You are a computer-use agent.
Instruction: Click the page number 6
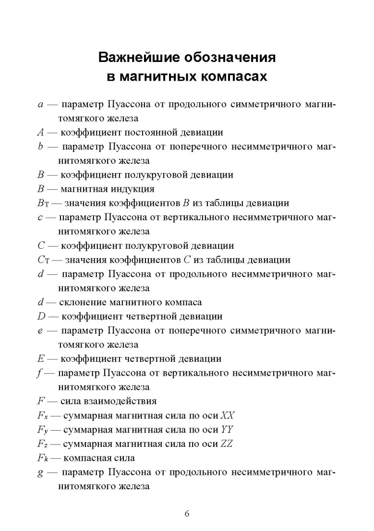[187, 514]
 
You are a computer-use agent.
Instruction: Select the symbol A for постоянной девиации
[41, 132]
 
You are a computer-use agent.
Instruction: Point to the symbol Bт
[43, 203]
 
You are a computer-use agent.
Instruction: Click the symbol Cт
[44, 260]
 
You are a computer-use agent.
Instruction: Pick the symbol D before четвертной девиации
[41, 317]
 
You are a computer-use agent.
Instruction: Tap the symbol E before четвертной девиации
[41, 359]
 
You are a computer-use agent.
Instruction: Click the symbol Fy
[43, 430]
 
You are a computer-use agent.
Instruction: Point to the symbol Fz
[43, 444]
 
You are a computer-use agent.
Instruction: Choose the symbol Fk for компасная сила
[43, 458]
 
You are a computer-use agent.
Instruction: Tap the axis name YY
[227, 430]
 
